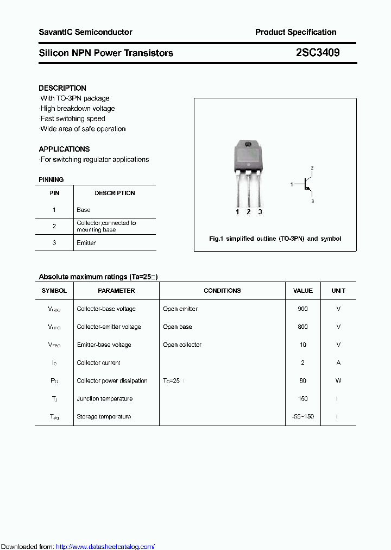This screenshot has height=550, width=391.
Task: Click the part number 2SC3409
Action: pos(318,53)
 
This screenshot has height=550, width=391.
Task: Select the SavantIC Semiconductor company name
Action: pos(85,32)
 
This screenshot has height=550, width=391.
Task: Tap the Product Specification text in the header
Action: pos(295,32)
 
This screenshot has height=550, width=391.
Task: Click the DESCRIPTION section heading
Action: pos(62,88)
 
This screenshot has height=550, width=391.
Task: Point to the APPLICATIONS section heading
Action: pos(64,149)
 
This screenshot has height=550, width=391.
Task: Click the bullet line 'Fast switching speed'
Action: pos(73,118)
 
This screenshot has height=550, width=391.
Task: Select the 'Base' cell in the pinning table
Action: pos(84,210)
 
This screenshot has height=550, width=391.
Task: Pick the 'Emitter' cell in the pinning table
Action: pos(86,243)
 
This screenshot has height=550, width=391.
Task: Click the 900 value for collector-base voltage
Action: pos(302,309)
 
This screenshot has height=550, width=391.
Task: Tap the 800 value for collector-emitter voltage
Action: pos(302,327)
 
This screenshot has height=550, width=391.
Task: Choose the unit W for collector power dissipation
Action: pos(338,380)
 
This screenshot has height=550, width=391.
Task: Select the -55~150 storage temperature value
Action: pos(302,416)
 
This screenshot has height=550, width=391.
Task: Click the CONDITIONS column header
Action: pos(222,291)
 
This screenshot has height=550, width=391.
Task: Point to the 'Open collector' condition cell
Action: pos(182,345)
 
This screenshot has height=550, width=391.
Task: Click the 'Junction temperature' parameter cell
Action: pos(104,398)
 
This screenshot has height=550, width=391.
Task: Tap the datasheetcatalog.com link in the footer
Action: pos(105,546)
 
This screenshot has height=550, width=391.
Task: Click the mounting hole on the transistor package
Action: pos(248,145)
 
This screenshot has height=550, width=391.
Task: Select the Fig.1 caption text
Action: pos(275,239)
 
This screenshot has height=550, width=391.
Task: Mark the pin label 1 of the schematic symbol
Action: pos(292,185)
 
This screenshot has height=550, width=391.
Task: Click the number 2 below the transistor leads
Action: pos(248,212)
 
